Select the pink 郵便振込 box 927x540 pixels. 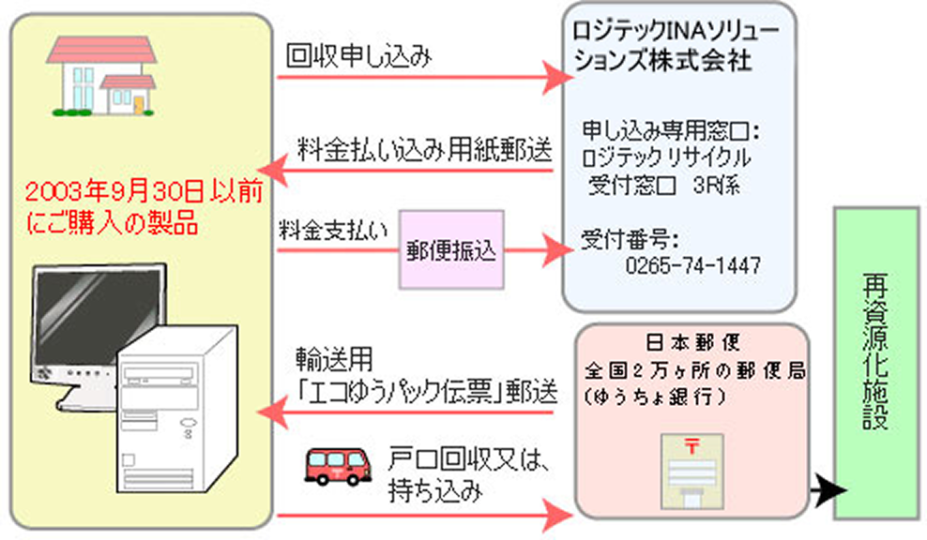tap(451, 251)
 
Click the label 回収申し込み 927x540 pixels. tap(359, 58)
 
